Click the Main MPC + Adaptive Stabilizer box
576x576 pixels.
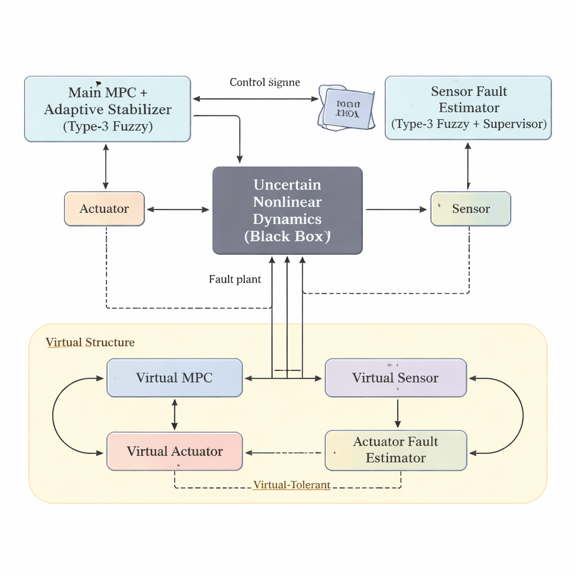click(107, 109)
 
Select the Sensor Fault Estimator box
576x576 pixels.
click(468, 107)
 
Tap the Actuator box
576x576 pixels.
click(105, 209)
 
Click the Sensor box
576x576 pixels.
click(471, 209)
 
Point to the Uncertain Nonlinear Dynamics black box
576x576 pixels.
click(287, 210)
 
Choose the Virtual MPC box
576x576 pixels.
click(174, 378)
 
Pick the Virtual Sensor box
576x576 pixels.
click(395, 378)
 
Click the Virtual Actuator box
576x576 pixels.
click(174, 451)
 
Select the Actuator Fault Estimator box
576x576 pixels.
click(395, 450)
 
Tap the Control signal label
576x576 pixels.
click(264, 83)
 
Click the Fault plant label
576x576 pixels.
click(235, 280)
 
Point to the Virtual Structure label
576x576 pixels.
click(90, 343)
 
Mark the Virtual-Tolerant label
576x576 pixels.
click(291, 485)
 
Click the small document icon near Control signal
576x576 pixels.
click(346, 109)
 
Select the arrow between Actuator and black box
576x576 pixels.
click(178, 210)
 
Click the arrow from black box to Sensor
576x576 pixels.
click(397, 210)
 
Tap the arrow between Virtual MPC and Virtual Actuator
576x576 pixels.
click(174, 415)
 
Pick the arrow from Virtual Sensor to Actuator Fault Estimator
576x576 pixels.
click(398, 413)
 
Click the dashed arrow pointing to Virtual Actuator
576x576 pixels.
click(284, 452)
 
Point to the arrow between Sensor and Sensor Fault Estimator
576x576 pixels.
click(468, 166)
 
